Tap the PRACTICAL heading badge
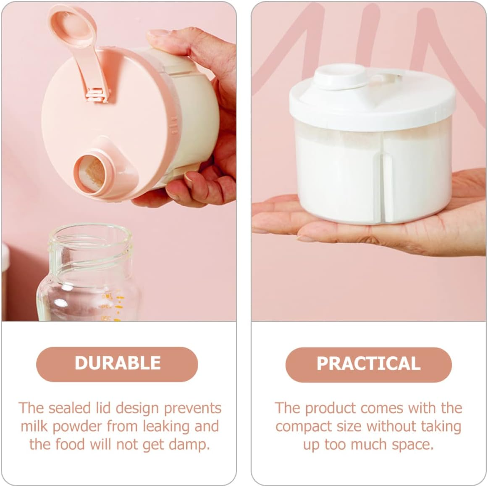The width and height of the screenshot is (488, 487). point(368,364)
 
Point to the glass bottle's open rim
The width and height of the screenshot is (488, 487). point(89,232)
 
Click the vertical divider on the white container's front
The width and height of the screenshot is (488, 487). point(387,185)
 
